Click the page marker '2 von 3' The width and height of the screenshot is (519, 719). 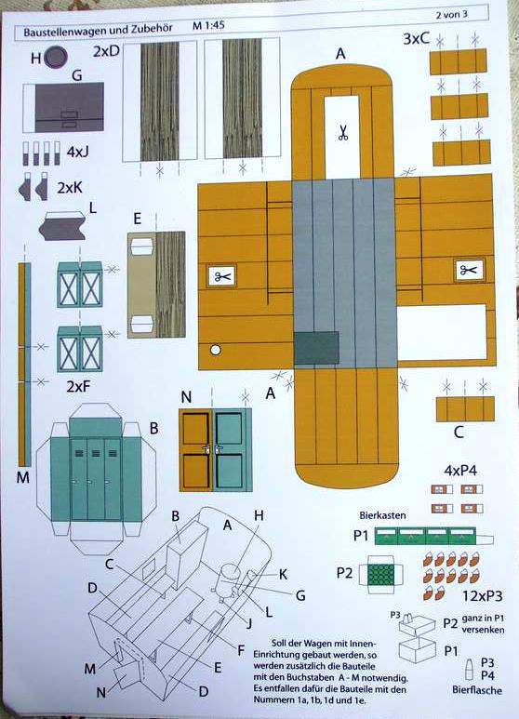point(452,14)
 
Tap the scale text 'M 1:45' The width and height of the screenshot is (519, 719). point(208,26)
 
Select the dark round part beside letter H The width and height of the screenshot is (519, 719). point(57,58)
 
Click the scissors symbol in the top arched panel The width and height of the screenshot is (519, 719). point(342,132)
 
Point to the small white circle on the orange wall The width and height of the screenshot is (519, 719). point(215,351)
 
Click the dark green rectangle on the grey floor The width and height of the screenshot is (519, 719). point(316,348)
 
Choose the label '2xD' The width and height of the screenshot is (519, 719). point(106,51)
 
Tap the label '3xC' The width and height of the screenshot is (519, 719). point(417,39)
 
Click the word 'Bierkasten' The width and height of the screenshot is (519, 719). point(382,515)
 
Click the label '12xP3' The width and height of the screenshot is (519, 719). point(482,595)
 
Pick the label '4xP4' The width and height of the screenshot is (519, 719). point(460,471)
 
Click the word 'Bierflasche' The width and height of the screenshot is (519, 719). point(477,689)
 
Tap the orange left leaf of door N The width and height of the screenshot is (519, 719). point(196,450)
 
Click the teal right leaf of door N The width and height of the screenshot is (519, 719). point(230,450)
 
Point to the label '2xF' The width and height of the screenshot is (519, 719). point(78,387)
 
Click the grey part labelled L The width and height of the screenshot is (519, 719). point(62,226)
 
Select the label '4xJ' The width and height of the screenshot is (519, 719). point(78,152)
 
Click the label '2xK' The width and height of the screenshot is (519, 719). point(70,188)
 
